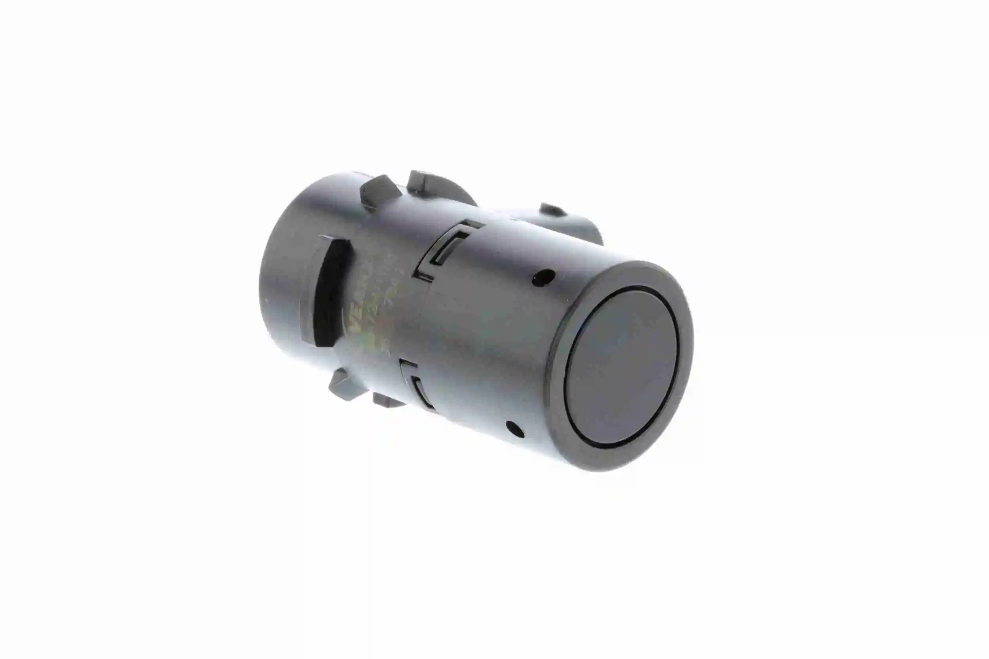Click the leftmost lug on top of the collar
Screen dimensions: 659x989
point(379,191)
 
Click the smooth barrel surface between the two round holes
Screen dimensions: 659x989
point(513,353)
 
